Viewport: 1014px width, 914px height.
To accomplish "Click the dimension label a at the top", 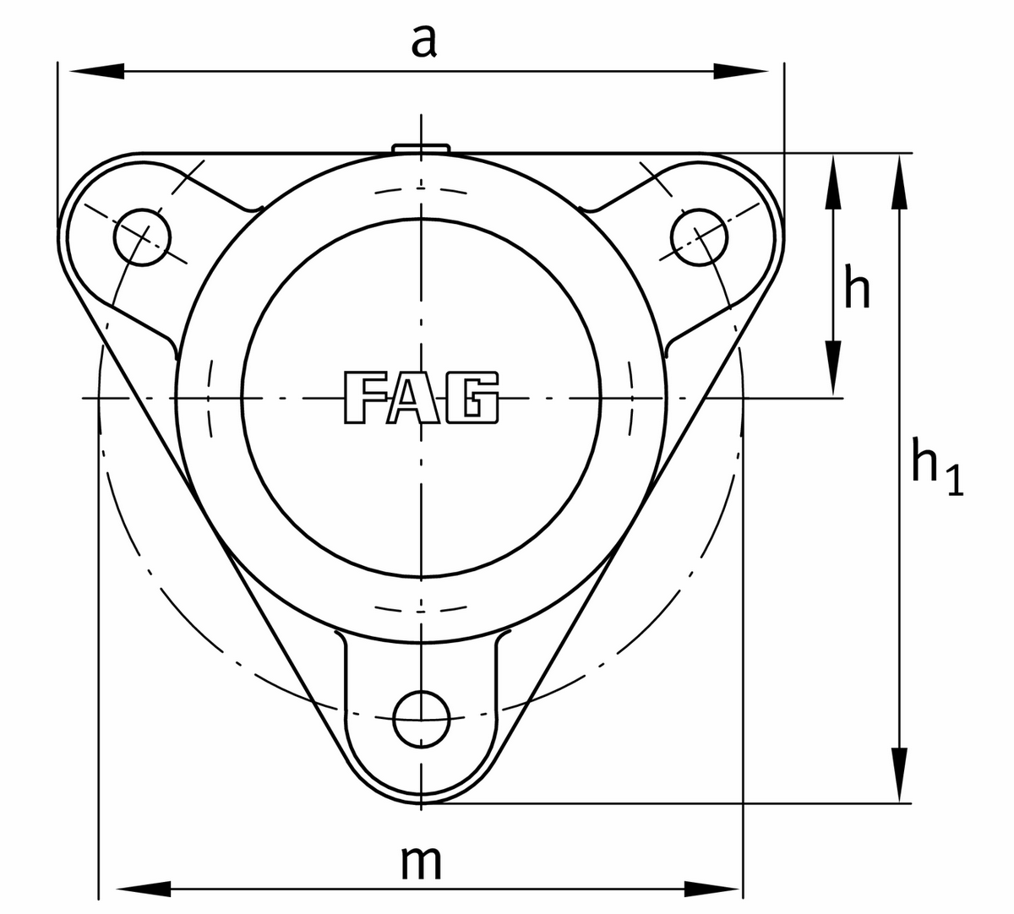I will (423, 41).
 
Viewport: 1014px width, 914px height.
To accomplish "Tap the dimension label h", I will (857, 290).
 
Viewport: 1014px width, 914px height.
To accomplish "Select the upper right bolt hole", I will (699, 236).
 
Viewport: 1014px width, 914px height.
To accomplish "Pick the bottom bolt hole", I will (422, 719).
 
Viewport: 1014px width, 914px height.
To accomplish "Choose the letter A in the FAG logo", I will (420, 397).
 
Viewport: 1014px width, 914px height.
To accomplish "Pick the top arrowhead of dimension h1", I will (901, 182).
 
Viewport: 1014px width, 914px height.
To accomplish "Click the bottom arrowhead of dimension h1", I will (901, 774).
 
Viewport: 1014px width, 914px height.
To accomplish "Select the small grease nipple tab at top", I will (420, 149).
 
